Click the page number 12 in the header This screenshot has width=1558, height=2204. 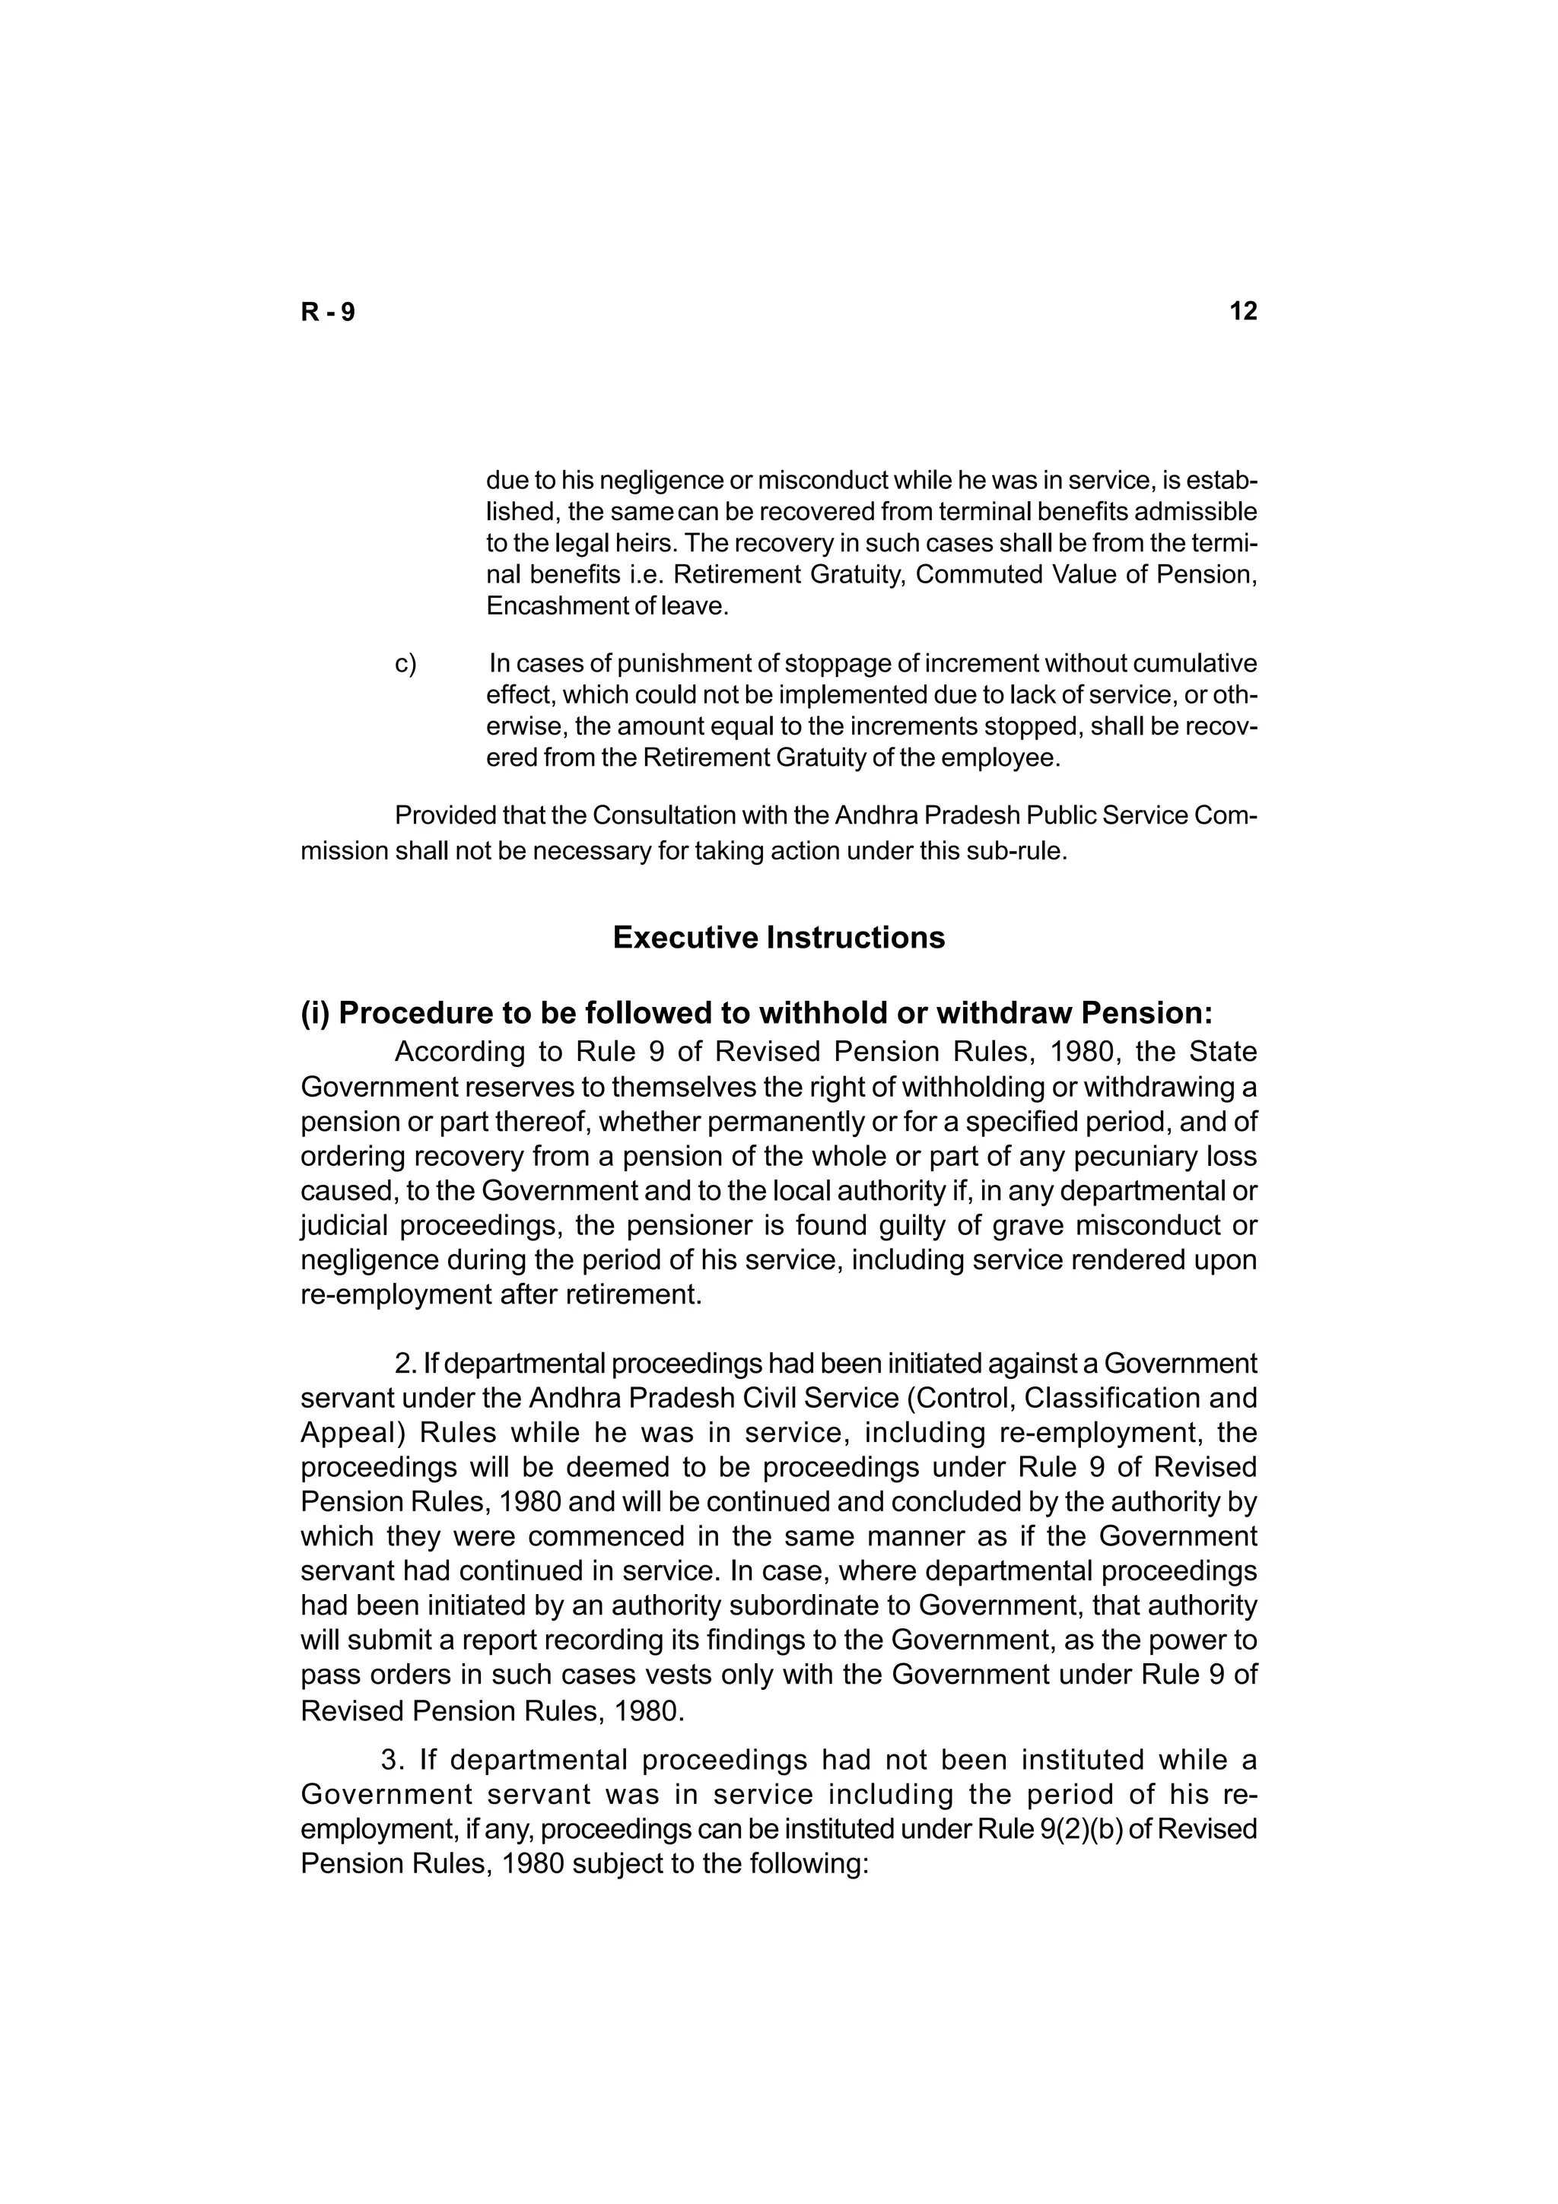[x=1242, y=311]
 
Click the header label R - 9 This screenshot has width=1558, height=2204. [x=327, y=312]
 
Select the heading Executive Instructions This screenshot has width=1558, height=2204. [x=778, y=937]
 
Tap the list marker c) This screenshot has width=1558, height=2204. [x=406, y=663]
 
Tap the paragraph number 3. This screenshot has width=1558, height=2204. [x=391, y=1761]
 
